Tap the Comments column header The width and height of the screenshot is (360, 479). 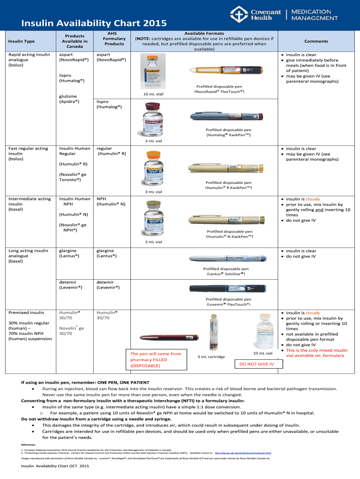pyautogui.click(x=316, y=41)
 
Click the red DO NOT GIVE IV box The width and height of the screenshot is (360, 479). pyautogui.click(x=257, y=364)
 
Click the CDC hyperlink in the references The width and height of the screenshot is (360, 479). pyautogui.click(x=243, y=453)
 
